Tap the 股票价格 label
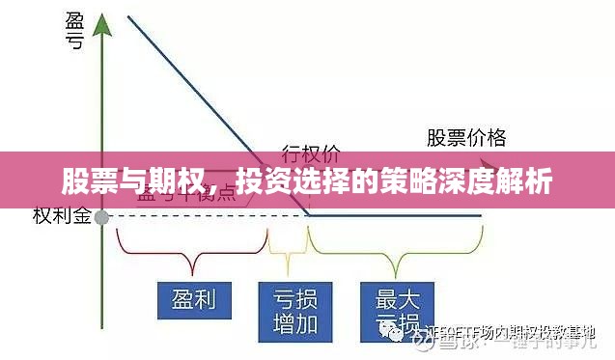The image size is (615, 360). tap(466, 137)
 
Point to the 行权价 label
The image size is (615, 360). tap(310, 152)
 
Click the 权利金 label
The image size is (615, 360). tap(61, 216)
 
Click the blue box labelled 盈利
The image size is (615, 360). tap(193, 299)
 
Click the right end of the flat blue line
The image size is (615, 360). tap(480, 215)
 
